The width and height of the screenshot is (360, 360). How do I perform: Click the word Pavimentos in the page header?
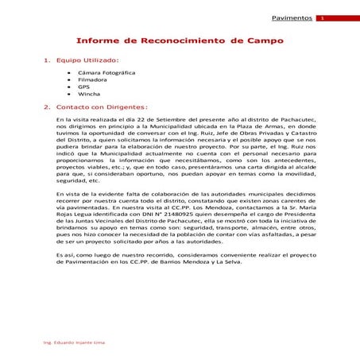(291, 17)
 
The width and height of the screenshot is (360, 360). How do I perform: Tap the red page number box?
(322, 17)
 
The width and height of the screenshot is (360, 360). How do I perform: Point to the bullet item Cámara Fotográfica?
(106, 73)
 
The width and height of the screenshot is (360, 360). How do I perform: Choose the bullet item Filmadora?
(94, 79)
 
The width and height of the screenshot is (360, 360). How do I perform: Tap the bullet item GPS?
(84, 87)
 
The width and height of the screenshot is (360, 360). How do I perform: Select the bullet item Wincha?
(89, 94)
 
